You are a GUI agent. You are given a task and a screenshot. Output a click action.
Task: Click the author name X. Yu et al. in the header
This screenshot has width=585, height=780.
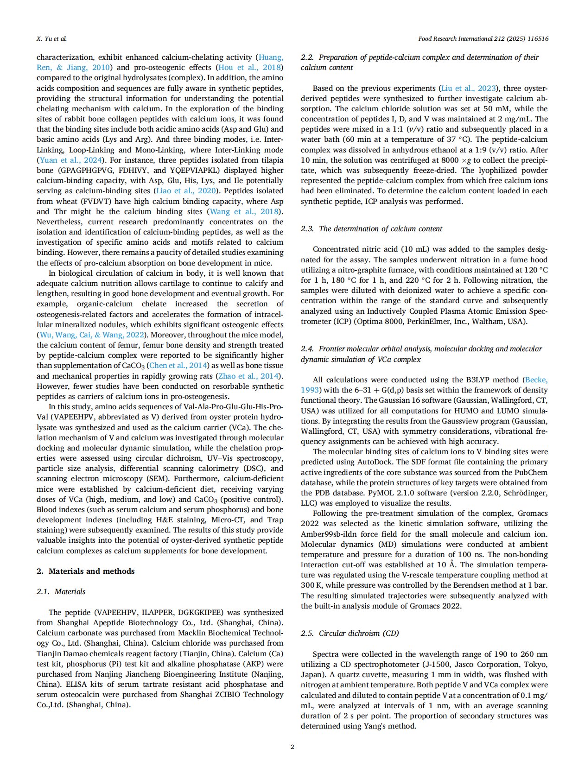(x=51, y=39)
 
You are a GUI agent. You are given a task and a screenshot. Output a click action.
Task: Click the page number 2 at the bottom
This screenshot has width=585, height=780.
(x=292, y=747)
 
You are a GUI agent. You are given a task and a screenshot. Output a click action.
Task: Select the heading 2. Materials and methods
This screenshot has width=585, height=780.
(x=85, y=571)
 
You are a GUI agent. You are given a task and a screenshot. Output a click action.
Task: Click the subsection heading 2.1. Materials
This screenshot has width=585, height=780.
(x=61, y=591)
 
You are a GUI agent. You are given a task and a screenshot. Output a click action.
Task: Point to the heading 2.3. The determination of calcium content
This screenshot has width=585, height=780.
(x=371, y=228)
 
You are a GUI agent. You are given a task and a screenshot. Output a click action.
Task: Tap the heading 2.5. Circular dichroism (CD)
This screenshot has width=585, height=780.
(x=350, y=633)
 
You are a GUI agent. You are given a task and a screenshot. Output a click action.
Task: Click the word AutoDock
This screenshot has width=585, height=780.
(x=374, y=462)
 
